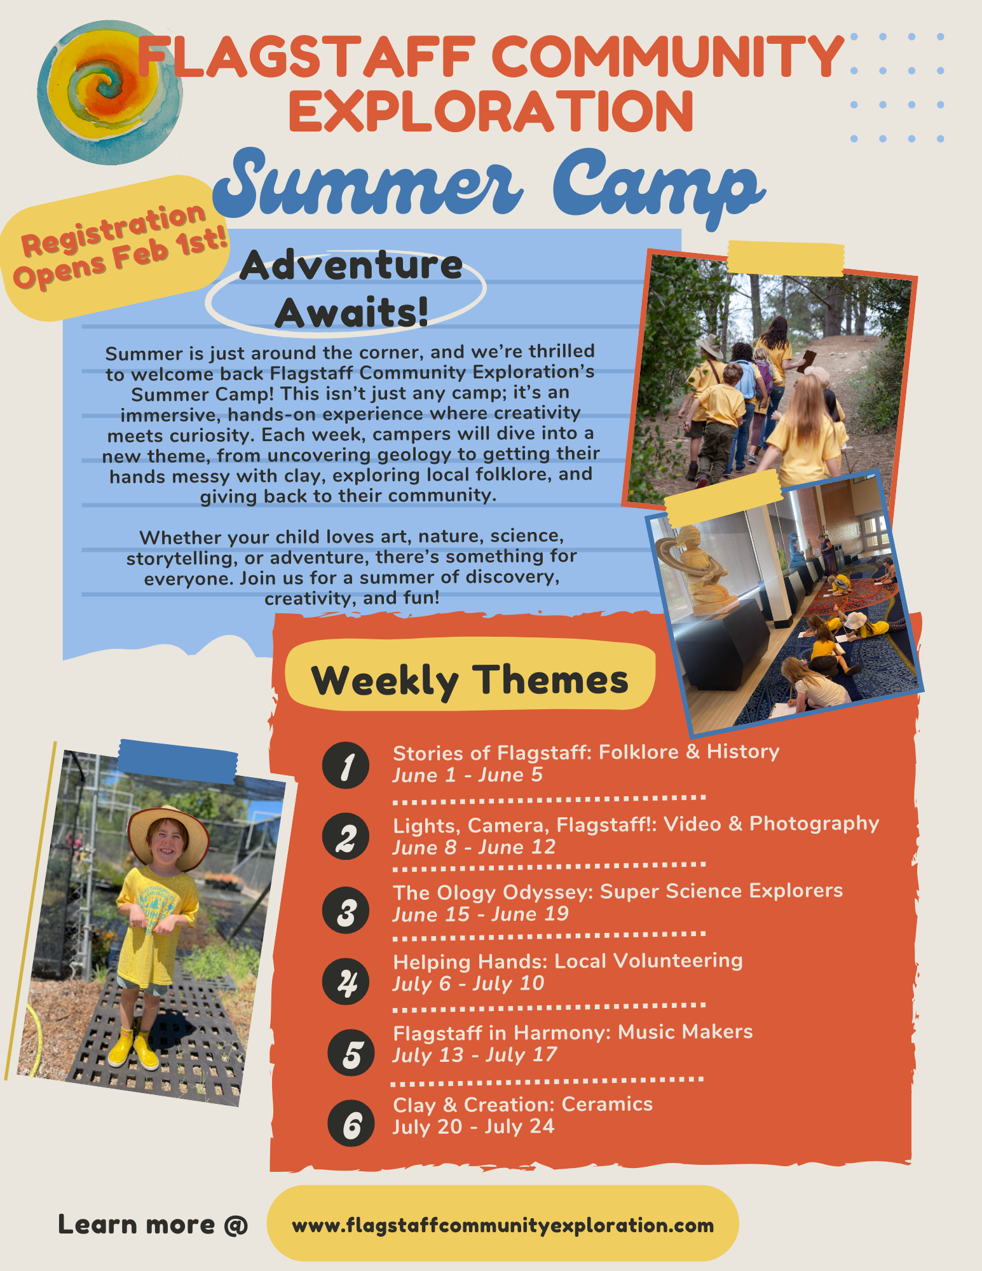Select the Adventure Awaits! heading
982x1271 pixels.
point(351,289)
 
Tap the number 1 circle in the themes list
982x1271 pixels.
point(346,766)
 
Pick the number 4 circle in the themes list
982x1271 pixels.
point(346,982)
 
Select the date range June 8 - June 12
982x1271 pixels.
point(474,847)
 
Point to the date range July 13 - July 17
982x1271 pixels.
point(474,1055)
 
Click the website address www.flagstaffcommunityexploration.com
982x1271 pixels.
point(503,1225)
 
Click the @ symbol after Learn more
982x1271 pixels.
point(236,1225)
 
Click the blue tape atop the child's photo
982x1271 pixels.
point(179,761)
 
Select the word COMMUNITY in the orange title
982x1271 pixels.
point(667,57)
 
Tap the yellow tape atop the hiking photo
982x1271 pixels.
point(786,258)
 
